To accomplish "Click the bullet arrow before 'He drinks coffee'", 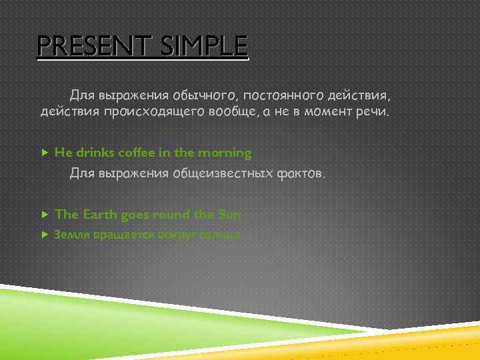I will tap(45, 153).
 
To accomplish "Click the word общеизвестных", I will tap(223, 175).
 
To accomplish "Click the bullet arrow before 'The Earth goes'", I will tap(45, 215).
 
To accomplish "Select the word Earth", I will tap(101, 215).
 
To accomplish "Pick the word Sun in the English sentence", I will tap(229, 215).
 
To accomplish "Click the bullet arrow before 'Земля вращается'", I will tap(45, 235).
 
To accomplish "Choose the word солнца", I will tap(221, 235).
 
